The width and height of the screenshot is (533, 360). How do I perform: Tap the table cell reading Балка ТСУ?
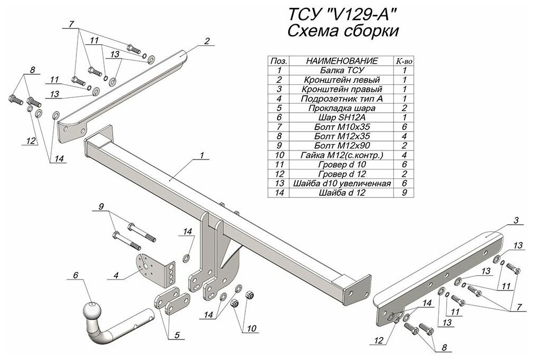[342, 71]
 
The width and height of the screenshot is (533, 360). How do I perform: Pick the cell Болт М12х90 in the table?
[342, 146]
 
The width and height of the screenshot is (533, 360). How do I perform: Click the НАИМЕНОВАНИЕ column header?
[342, 61]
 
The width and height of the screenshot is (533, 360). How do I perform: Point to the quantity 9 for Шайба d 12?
[404, 193]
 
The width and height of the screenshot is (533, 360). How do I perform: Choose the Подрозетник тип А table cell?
[342, 98]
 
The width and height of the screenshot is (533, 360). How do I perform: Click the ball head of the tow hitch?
[92, 309]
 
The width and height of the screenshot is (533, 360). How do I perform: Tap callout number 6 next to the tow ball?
[75, 274]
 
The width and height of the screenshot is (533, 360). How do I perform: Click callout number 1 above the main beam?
[202, 155]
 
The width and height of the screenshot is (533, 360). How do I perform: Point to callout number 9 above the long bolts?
[101, 206]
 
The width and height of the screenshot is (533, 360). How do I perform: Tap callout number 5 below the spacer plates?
[177, 335]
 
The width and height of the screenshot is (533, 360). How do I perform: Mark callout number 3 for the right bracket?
[516, 221]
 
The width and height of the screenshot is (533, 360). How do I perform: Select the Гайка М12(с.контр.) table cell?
[342, 155]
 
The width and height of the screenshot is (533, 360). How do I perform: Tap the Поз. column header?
[279, 61]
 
